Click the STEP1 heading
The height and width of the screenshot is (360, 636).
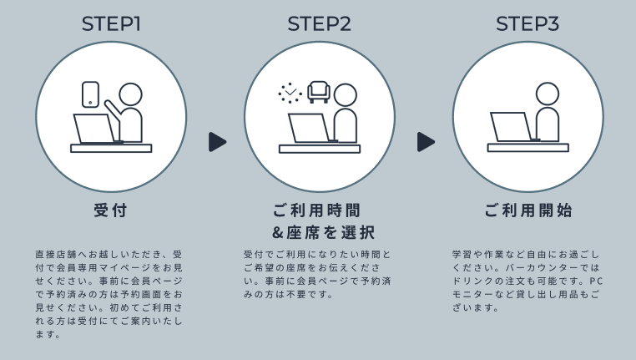coord(111,23)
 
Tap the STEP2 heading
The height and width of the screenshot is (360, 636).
coord(319,23)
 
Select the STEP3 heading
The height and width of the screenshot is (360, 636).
coord(527,23)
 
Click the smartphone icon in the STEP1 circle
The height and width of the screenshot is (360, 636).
coord(90,94)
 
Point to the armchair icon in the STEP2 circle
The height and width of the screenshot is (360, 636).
coord(319,92)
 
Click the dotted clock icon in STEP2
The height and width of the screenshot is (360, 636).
coord(290,93)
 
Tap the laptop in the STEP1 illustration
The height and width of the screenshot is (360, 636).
coord(98,129)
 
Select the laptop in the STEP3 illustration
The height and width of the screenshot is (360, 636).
coord(515,127)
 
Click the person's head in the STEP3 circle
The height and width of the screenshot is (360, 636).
coord(548,94)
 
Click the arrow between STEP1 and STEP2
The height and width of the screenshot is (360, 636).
coord(218,142)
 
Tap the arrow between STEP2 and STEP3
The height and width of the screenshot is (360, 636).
coord(427,142)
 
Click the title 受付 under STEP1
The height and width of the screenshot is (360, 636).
coord(111,210)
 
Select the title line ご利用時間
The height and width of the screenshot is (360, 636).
coord(317,210)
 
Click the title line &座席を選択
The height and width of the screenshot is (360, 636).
coord(323,232)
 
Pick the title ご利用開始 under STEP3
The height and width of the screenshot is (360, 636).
coord(528,210)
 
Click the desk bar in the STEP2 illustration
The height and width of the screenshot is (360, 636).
coord(320,149)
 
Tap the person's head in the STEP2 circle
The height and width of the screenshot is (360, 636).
coord(346,95)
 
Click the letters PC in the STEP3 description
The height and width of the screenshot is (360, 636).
coord(596,281)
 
